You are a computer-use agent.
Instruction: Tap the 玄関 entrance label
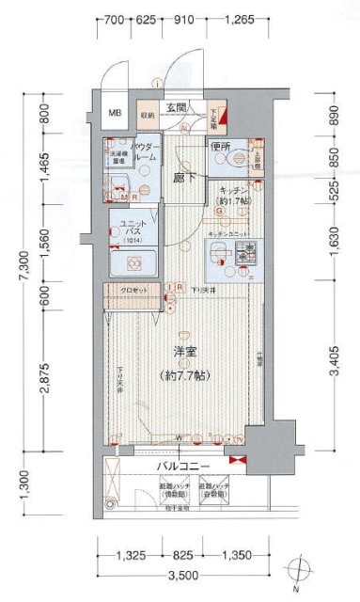point(178,108)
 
